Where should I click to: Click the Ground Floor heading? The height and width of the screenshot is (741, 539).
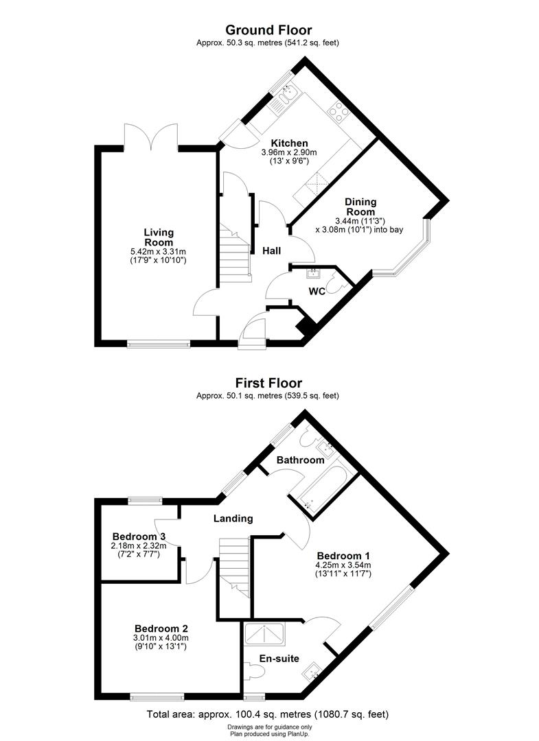[268, 30]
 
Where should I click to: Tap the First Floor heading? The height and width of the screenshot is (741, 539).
[268, 383]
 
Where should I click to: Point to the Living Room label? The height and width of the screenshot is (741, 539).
[159, 237]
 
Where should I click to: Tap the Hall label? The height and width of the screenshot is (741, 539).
[271, 251]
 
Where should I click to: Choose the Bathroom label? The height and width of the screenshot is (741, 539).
[300, 460]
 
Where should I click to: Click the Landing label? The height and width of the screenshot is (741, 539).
[233, 519]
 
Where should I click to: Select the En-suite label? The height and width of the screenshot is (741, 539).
[279, 658]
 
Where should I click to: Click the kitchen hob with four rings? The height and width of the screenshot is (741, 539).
[338, 110]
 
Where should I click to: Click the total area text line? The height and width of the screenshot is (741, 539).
[268, 714]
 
